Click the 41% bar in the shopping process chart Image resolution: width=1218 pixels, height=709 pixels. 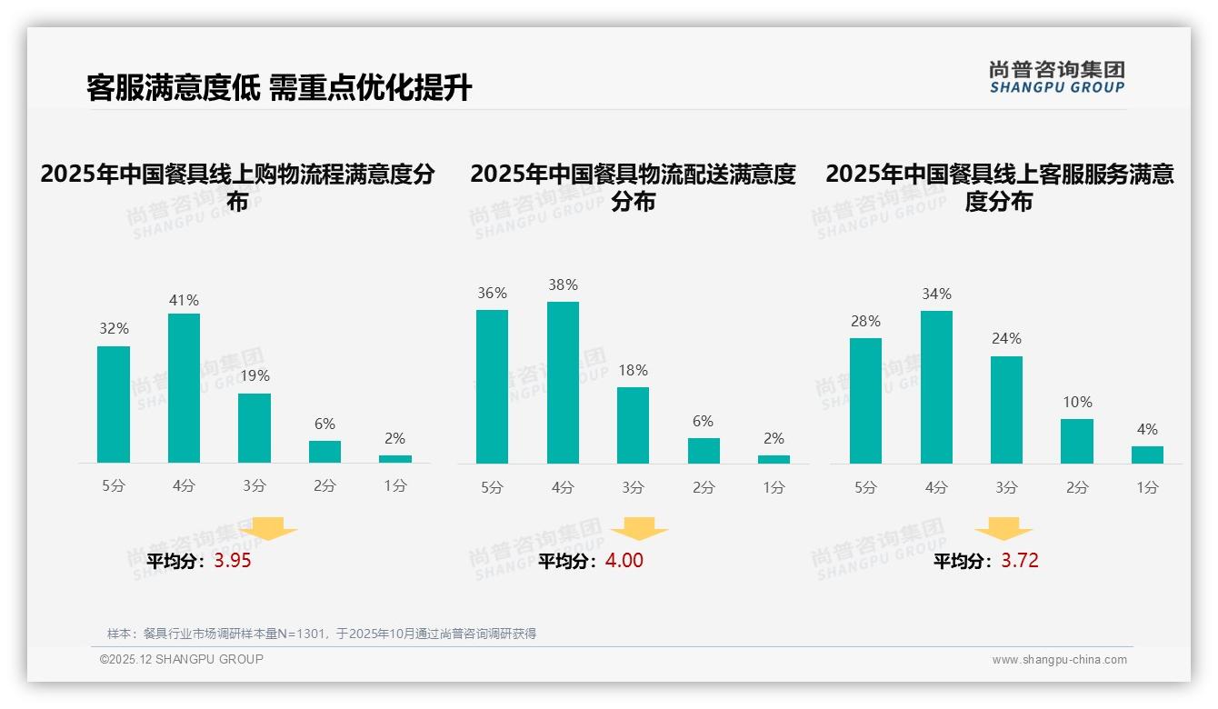(184, 388)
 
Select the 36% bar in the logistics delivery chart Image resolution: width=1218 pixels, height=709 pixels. (492, 386)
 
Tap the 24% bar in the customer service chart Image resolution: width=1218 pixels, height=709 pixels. (1006, 410)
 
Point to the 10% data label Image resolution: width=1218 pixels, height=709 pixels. (1077, 402)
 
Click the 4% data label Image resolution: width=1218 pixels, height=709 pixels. (1147, 429)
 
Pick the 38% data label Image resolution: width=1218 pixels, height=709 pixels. (563, 285)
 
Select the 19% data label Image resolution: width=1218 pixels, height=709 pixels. (255, 375)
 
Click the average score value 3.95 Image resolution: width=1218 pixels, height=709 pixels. (233, 561)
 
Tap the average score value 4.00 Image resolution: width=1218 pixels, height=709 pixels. (624, 561)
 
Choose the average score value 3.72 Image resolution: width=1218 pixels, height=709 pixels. (1020, 561)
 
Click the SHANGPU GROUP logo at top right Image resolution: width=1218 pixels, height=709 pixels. (1056, 77)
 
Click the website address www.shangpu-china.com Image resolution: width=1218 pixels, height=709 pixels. (1059, 660)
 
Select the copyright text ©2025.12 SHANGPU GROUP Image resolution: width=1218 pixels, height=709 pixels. (182, 659)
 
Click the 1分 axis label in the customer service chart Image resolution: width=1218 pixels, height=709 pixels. (1147, 487)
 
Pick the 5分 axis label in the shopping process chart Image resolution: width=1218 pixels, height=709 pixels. (114, 485)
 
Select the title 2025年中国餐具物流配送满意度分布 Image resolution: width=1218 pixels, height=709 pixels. (633, 187)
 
